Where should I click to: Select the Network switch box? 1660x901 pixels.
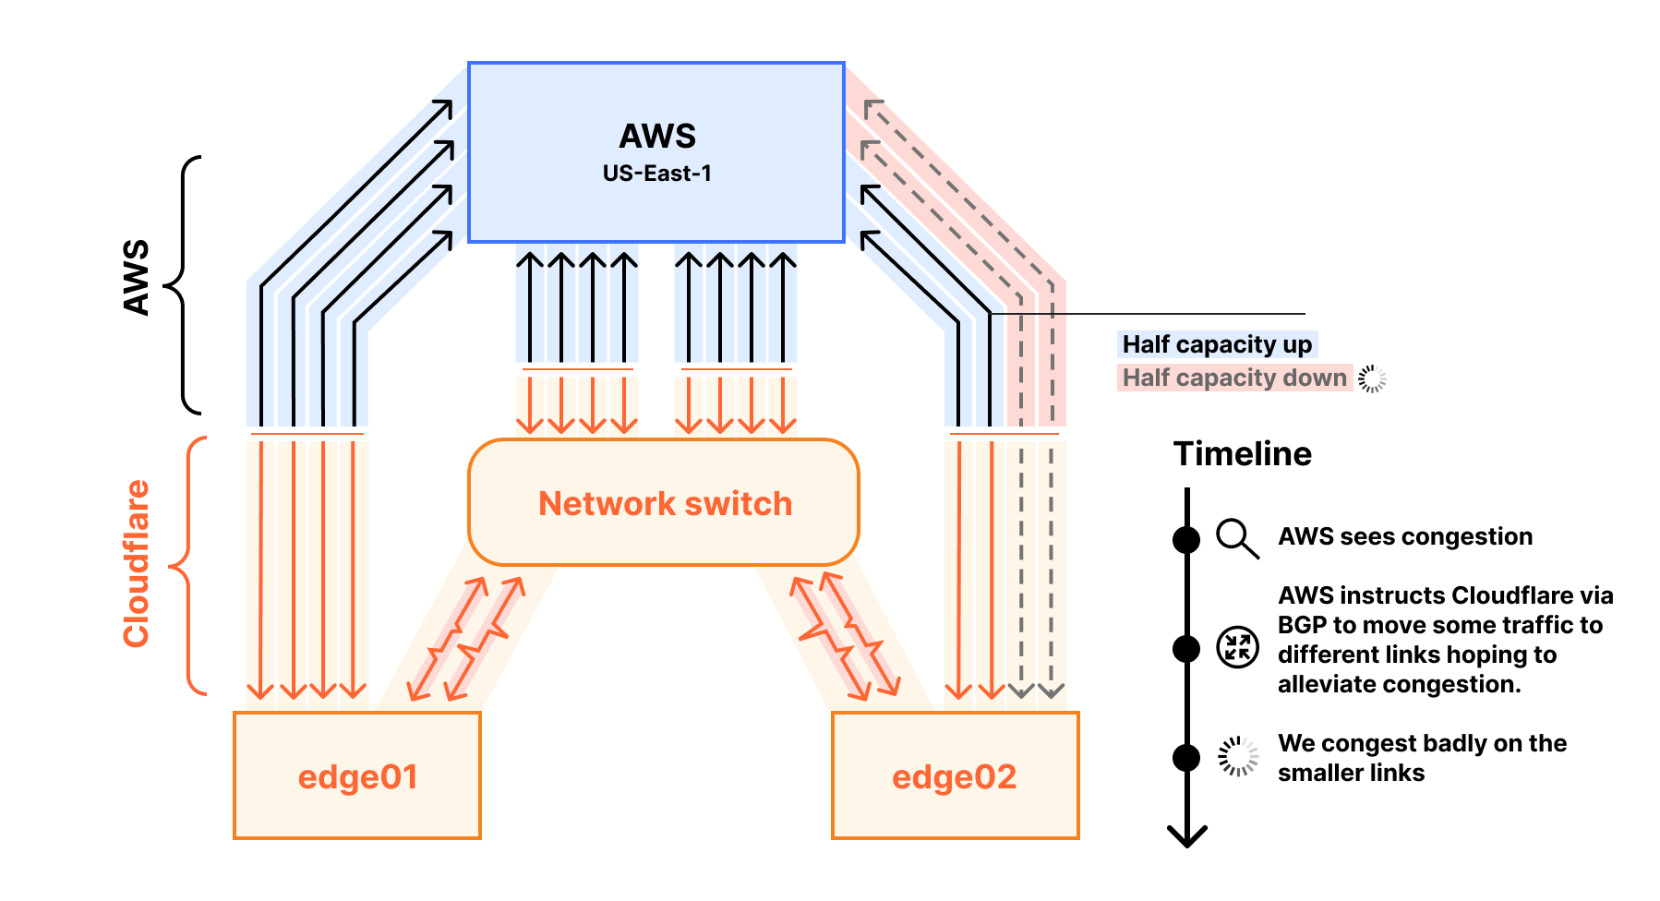click(664, 503)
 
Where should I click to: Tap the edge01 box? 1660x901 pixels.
click(357, 775)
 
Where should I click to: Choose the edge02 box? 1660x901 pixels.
click(955, 775)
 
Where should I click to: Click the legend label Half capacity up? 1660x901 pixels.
click(1216, 344)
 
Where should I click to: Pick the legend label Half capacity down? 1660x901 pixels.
click(1233, 378)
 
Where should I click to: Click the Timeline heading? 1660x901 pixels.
click(1242, 454)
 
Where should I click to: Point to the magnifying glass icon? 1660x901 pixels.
click(1236, 537)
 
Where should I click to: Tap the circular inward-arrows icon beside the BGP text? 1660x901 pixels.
click(1237, 647)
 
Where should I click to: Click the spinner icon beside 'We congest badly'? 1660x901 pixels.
click(1237, 757)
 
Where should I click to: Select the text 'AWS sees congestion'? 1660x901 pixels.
click(1404, 536)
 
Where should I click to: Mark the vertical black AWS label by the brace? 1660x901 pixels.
click(137, 278)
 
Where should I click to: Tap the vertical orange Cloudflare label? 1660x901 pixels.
click(137, 563)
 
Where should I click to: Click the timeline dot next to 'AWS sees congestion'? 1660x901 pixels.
click(1186, 539)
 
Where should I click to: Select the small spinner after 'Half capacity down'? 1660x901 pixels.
click(1372, 378)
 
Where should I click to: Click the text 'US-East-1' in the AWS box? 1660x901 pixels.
click(656, 174)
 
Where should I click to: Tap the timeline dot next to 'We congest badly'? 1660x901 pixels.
click(1186, 758)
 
